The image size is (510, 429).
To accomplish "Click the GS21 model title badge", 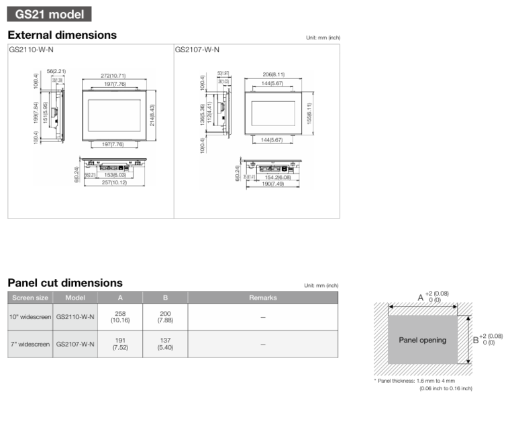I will point(49,13).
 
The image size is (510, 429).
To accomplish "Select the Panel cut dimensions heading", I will point(65,283).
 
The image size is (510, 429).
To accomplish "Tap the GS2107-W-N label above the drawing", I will point(197,50).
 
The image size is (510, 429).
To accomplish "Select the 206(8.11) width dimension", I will point(273,75).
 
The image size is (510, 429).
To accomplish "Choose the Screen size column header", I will point(30,298).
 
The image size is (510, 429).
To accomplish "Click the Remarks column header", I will point(262,298).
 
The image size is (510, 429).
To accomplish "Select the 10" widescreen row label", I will point(30,317).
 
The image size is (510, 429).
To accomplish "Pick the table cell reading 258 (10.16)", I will point(121,317).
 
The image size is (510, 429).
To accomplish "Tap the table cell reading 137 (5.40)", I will point(165,344).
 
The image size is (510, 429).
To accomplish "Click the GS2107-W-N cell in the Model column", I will point(75,344).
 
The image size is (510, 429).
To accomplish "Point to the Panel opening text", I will point(423,340).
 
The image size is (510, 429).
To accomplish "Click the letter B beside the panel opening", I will point(475,340).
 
